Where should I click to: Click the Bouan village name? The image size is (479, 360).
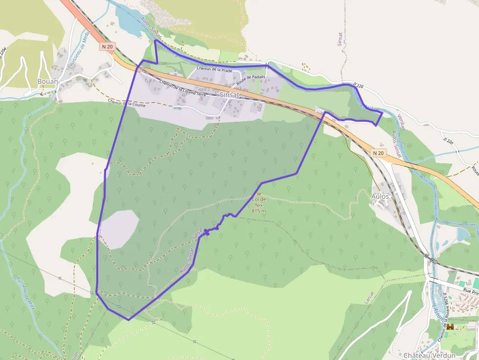point(48,82)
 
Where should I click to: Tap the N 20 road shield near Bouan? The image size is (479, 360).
point(108,46)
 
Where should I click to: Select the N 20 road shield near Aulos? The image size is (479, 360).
point(378,153)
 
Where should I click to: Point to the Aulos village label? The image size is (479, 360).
point(380,196)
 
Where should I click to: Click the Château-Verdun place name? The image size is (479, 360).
point(430,355)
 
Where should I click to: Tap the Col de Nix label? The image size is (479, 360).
point(259,202)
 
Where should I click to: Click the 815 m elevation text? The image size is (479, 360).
point(259,211)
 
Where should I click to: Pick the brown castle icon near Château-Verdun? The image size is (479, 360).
point(450,327)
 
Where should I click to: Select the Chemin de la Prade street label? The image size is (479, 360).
point(214,69)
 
